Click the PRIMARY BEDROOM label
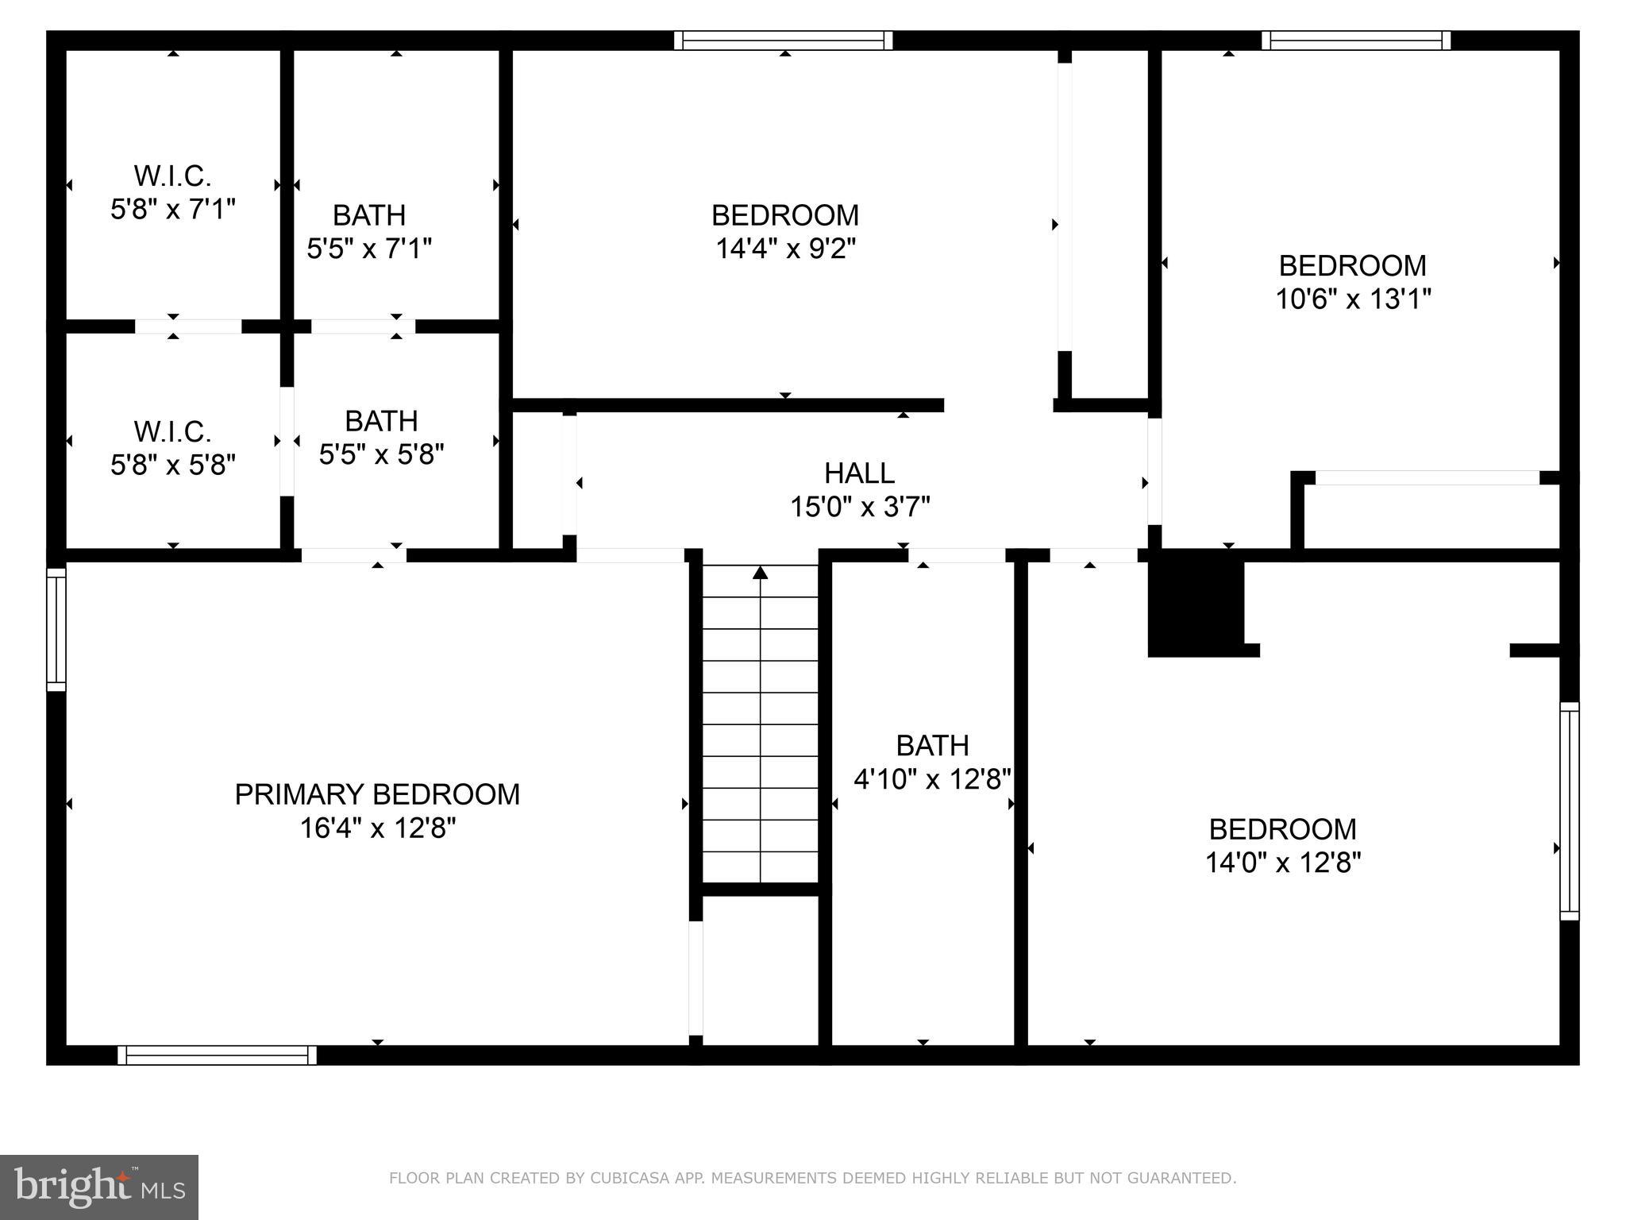click(377, 794)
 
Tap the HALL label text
click(859, 473)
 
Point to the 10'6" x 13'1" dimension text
click(1353, 299)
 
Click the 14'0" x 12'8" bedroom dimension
click(1282, 863)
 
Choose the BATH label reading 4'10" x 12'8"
click(932, 746)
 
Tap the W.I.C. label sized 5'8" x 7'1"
click(172, 176)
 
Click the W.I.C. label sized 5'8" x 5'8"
click(172, 432)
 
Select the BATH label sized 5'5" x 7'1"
click(369, 215)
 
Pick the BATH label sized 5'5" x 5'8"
click(381, 421)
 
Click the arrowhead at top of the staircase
click(761, 573)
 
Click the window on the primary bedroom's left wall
click(56, 629)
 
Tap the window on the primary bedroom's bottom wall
click(217, 1055)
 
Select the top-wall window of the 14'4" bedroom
click(784, 41)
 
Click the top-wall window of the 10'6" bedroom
click(1356, 41)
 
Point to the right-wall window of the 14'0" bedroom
click(1569, 811)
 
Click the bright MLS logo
click(99, 1187)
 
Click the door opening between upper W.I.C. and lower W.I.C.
click(188, 326)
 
